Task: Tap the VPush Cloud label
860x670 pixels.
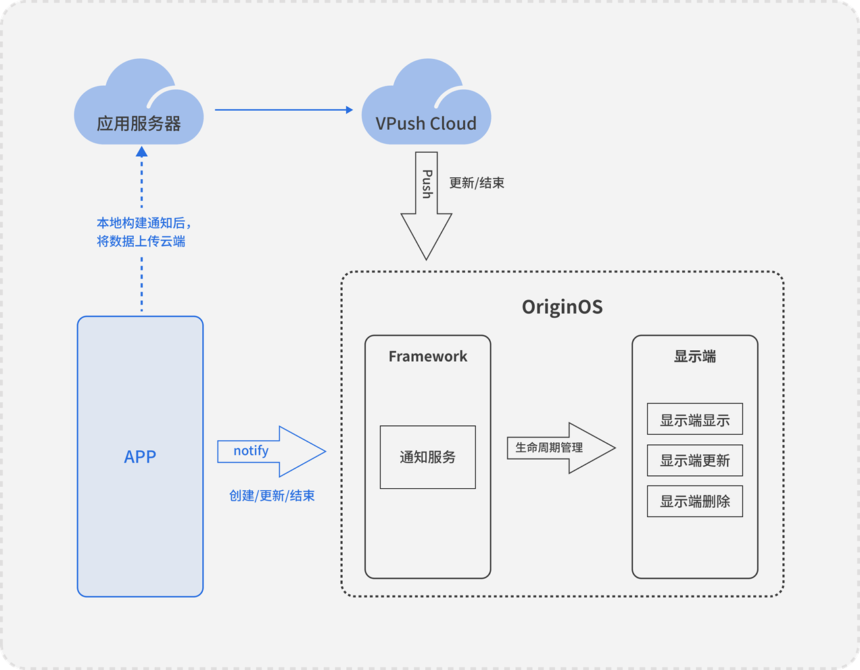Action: (426, 124)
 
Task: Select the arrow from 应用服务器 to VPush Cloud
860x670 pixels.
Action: (283, 110)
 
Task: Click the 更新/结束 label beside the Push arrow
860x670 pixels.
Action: (477, 183)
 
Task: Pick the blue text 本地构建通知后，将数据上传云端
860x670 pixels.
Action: (142, 232)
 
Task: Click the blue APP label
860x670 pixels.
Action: (140, 457)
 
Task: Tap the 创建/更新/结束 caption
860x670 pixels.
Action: (272, 496)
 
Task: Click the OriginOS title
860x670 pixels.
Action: (562, 307)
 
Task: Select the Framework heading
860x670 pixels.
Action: (427, 356)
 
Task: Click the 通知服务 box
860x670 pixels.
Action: (427, 457)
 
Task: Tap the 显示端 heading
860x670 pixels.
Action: (694, 356)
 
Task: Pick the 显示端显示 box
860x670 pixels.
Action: (694, 420)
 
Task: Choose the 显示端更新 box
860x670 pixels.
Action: (694, 460)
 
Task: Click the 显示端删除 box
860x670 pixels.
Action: (694, 501)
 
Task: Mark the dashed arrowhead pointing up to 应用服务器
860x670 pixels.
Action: (142, 153)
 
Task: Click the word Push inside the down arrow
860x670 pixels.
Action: (427, 183)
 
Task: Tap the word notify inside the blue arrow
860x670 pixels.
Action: (251, 451)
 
